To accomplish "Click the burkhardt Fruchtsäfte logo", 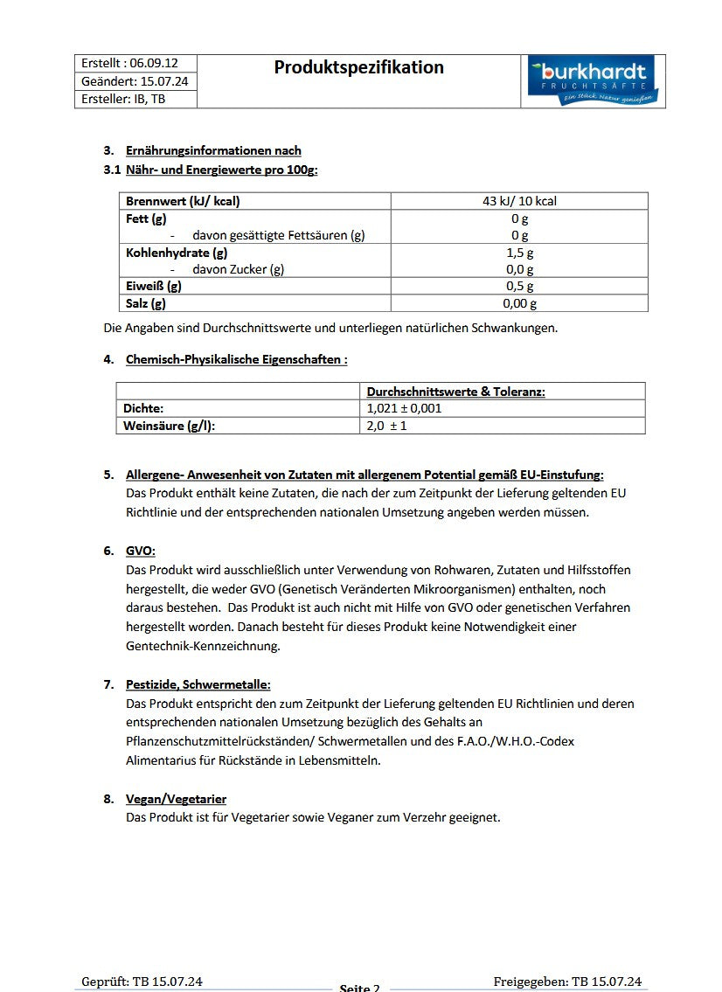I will click(x=593, y=80).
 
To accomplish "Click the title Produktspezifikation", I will click(x=358, y=67).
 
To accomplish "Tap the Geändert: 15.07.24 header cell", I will click(x=135, y=81).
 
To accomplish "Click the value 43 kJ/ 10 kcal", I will click(x=519, y=201).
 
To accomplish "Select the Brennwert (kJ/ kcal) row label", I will click(x=183, y=201).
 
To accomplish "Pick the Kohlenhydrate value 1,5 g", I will click(x=519, y=253).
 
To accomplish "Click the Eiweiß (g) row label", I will click(x=154, y=286).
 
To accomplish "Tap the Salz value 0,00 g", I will click(x=519, y=303).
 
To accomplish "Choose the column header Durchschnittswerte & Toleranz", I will click(x=455, y=392).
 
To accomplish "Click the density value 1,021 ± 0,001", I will click(x=404, y=408).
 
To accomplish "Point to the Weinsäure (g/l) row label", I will click(x=169, y=426).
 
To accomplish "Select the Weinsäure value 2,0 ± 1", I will click(x=386, y=426).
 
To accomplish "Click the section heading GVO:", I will click(x=141, y=551).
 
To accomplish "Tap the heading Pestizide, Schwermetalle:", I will click(x=198, y=684).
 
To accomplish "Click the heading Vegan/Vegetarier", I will click(x=177, y=799).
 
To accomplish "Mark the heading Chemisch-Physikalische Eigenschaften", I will click(x=236, y=359).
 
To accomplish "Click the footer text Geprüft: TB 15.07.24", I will click(x=142, y=982).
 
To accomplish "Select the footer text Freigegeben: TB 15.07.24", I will click(x=567, y=982).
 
